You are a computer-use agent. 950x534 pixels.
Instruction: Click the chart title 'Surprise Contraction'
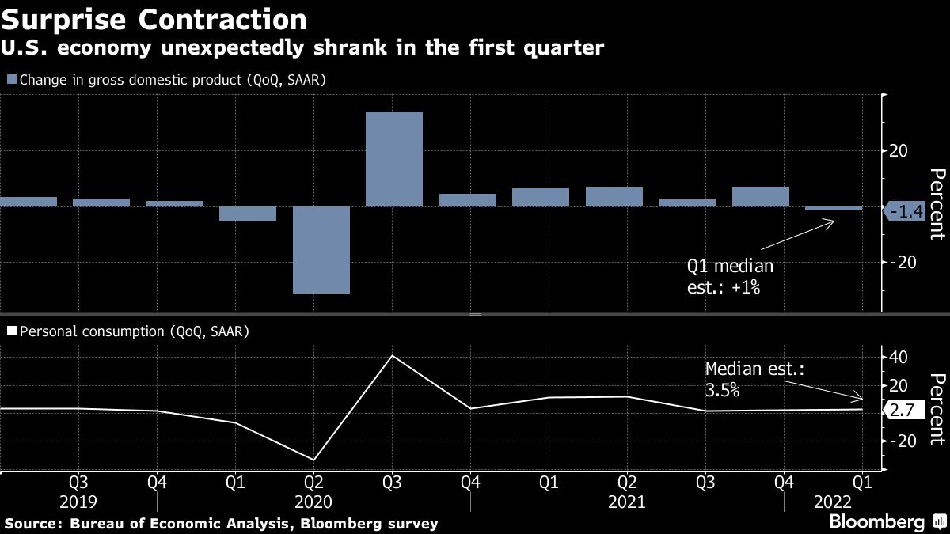(155, 18)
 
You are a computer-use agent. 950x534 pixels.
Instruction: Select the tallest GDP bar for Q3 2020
(394, 159)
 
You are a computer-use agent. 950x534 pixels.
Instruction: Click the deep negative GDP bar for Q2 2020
(321, 250)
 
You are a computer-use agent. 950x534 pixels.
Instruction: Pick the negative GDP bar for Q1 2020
(248, 214)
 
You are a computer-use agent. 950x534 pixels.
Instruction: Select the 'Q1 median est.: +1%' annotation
(729, 277)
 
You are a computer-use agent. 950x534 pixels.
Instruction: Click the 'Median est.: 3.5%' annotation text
(743, 379)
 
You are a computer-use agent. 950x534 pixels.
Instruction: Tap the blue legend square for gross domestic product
(11, 79)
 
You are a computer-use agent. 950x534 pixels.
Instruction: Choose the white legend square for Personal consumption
(11, 332)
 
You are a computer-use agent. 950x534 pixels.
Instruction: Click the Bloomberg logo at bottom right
(886, 522)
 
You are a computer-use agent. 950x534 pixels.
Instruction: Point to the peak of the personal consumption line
(393, 355)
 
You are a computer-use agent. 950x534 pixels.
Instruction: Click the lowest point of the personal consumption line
(314, 460)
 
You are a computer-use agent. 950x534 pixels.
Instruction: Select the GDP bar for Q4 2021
(761, 197)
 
